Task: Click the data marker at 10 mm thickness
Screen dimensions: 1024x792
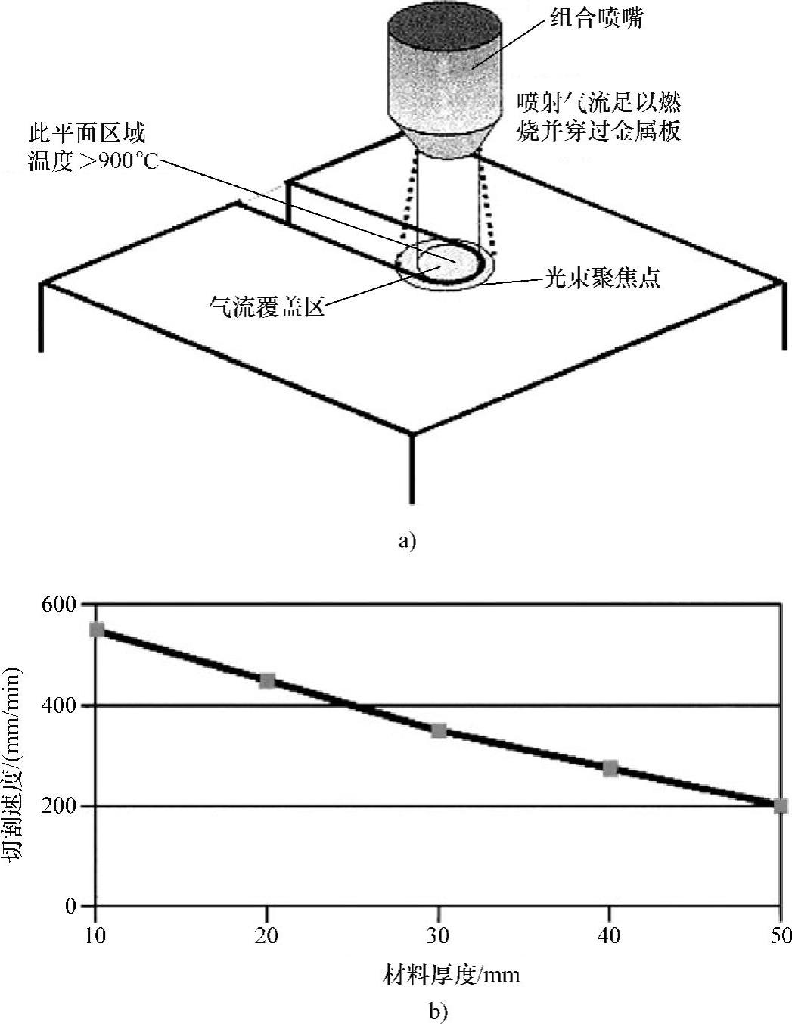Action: pos(96,630)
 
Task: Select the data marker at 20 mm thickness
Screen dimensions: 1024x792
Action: pos(267,680)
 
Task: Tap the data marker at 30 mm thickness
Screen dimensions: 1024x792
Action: pos(439,730)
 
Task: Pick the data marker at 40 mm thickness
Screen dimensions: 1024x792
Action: pos(610,769)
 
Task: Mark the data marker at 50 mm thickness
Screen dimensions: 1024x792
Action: pos(781,806)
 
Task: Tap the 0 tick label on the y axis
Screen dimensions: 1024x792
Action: pos(70,906)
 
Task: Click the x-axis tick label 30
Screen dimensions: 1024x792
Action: pos(439,936)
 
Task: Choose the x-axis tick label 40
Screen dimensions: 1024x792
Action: pos(610,936)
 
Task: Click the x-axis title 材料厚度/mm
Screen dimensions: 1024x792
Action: pos(451,974)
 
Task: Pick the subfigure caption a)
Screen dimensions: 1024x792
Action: pos(406,540)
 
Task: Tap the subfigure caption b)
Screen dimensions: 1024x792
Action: pos(439,1010)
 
